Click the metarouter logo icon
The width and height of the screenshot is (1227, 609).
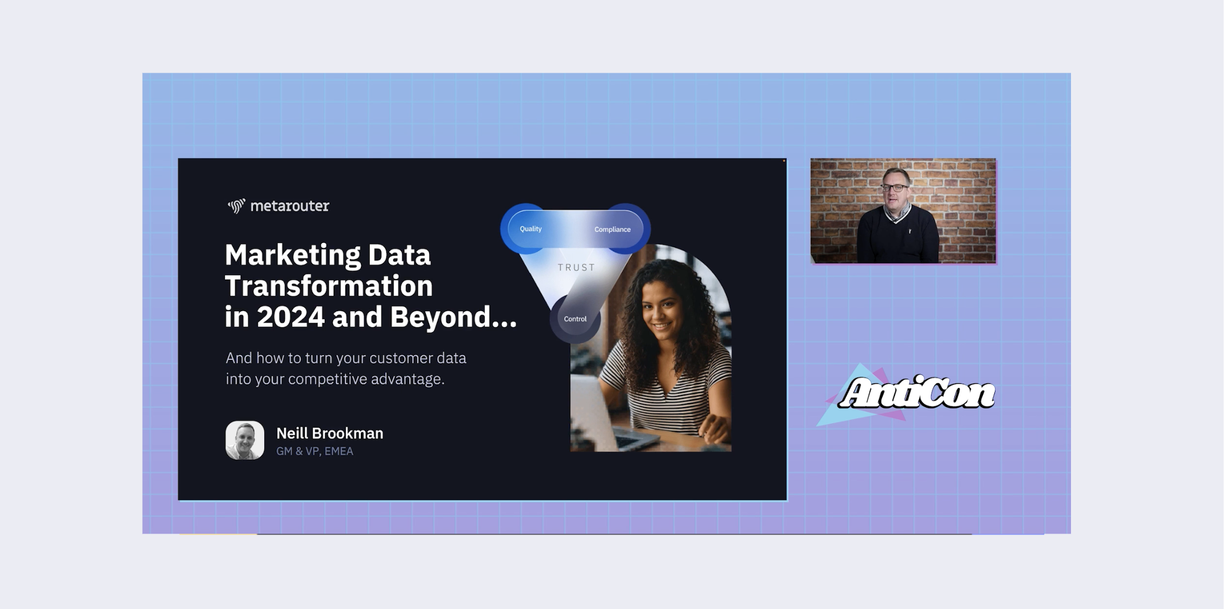pyautogui.click(x=237, y=206)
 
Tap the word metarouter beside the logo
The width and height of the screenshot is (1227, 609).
pyautogui.click(x=290, y=206)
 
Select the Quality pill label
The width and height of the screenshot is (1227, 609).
pyautogui.click(x=531, y=229)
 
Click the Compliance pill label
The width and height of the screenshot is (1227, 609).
pyautogui.click(x=612, y=230)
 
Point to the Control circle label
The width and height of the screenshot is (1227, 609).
pyautogui.click(x=575, y=319)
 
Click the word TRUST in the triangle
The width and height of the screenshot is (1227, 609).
pyautogui.click(x=576, y=268)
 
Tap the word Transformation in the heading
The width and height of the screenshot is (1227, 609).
pyautogui.click(x=329, y=286)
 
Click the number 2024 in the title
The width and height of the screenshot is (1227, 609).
pyautogui.click(x=290, y=317)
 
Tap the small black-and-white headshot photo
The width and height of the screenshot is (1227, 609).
pyautogui.click(x=245, y=440)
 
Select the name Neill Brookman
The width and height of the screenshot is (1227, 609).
pyautogui.click(x=330, y=433)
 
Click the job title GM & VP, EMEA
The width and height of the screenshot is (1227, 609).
pyautogui.click(x=315, y=451)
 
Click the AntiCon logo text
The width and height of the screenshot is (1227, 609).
pyautogui.click(x=917, y=393)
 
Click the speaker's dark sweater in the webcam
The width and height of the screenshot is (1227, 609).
pyautogui.click(x=897, y=236)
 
